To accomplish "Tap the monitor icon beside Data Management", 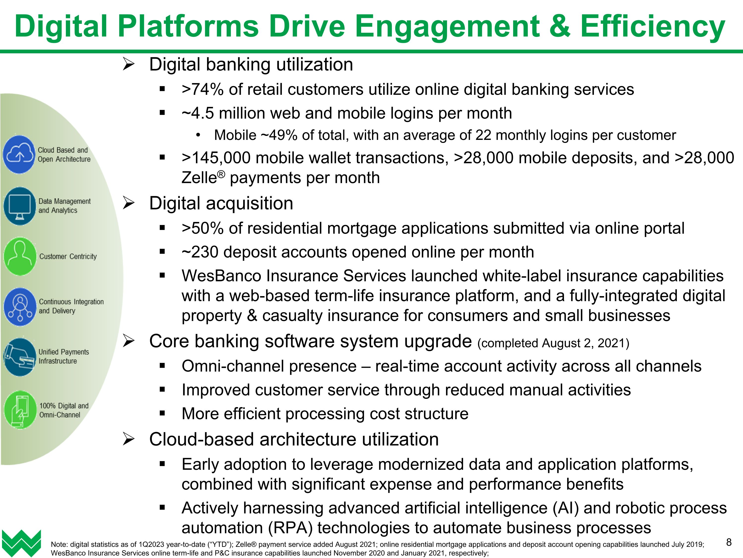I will coord(20,206).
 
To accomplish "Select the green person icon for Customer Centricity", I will coord(20,256).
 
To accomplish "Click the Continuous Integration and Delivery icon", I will coord(20,307).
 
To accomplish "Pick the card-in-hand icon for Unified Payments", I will coord(20,357).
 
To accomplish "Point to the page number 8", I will coord(729,542).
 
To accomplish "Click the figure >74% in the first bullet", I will coord(203,90).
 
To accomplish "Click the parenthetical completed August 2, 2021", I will coord(553,343).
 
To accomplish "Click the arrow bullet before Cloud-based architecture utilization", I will coord(128,439).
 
